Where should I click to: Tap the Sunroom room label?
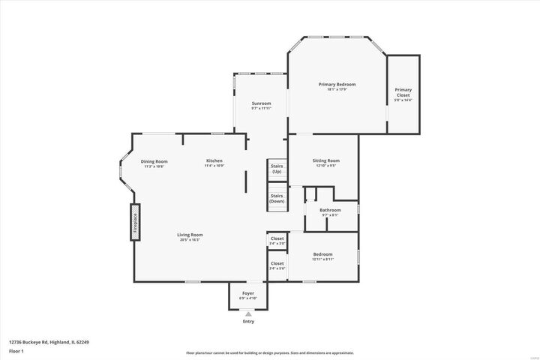coord(261,103)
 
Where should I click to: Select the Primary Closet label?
coord(403,93)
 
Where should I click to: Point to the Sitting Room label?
coord(325,160)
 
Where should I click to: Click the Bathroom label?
coord(330,210)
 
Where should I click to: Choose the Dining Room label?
coord(154,162)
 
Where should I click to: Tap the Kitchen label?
coord(214,161)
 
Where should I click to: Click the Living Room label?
coord(190,235)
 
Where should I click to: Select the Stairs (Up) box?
coord(277,169)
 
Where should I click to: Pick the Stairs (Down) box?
coord(277,199)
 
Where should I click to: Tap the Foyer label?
coord(247,293)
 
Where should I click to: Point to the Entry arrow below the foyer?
coord(248,313)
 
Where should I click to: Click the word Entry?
coord(248,321)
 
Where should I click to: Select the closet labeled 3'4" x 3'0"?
coord(277,240)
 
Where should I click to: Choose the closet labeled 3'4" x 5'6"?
coord(277,265)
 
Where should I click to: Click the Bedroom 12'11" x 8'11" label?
coord(323,256)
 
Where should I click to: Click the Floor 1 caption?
coord(16,351)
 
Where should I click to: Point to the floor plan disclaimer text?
coord(269,352)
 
